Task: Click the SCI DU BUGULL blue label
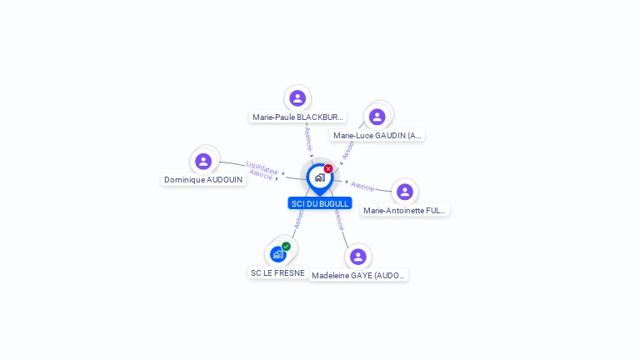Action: [319, 203]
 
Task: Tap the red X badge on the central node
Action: [328, 168]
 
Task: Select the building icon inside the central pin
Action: [319, 177]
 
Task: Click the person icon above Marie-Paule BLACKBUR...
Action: [297, 98]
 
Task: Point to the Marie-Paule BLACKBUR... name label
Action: [297, 117]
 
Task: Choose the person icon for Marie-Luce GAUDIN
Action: [377, 116]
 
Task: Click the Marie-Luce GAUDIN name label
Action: [377, 135]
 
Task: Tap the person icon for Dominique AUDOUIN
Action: [203, 161]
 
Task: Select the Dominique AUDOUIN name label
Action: [203, 179]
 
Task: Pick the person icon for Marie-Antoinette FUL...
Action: [405, 192]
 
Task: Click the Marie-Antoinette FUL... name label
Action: [405, 211]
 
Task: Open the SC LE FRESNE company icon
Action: [278, 254]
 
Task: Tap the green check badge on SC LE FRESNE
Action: [287, 246]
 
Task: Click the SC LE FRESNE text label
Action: [277, 272]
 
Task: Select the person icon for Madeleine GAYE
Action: [358, 257]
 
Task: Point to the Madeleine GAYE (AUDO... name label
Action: [358, 275]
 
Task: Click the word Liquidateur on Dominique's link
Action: [262, 167]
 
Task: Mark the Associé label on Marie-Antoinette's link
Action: [362, 186]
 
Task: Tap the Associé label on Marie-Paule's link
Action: [308, 137]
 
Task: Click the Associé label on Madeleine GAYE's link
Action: [337, 219]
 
